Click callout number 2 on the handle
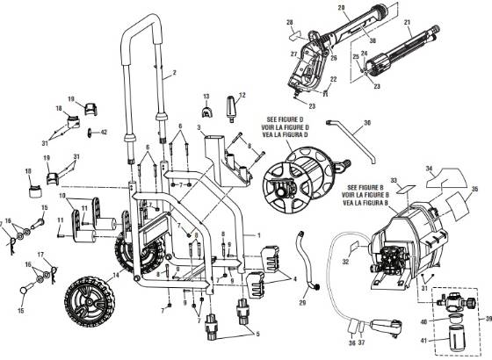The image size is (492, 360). pyautogui.click(x=175, y=71)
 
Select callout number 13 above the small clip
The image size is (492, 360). pyautogui.click(x=205, y=94)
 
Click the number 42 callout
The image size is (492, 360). pyautogui.click(x=105, y=132)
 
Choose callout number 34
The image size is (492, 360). pyautogui.click(x=429, y=169)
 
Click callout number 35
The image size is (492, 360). pyautogui.click(x=475, y=189)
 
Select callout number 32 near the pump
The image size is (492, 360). pyautogui.click(x=345, y=261)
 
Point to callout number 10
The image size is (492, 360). pyautogui.click(x=61, y=197)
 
